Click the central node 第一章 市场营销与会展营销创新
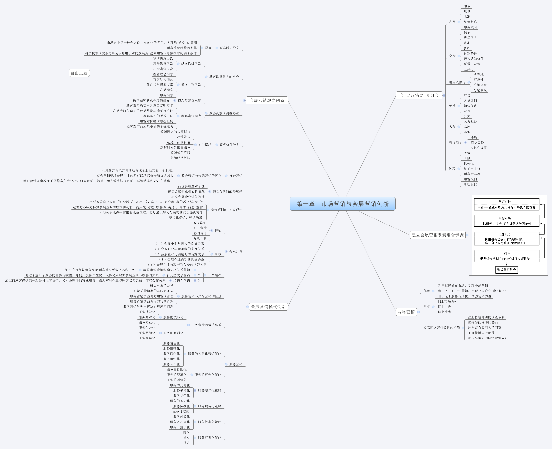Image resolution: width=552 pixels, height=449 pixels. pyautogui.click(x=342, y=204)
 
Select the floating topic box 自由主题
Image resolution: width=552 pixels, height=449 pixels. pyautogui.click(x=79, y=73)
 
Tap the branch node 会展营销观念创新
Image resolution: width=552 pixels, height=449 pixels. pyautogui.click(x=267, y=100)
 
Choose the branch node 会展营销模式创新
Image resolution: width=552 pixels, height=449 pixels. pyautogui.click(x=268, y=307)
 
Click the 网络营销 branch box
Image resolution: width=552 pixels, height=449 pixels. pyautogui.click(x=406, y=312)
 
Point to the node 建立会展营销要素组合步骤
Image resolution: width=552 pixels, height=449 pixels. pyautogui.click(x=438, y=235)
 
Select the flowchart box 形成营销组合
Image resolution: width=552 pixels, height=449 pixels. pyautogui.click(x=506, y=270)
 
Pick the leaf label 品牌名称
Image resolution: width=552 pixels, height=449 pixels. pyautogui.click(x=470, y=22)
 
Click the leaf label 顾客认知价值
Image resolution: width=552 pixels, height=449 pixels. pyautogui.click(x=473, y=59)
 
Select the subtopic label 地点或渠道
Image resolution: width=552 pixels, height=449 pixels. pyautogui.click(x=457, y=82)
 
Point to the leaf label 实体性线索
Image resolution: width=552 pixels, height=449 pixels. pyautogui.click(x=478, y=148)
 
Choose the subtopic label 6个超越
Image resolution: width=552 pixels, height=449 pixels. pyautogui.click(x=205, y=145)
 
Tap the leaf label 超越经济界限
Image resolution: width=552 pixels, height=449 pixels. pyautogui.click(x=180, y=158)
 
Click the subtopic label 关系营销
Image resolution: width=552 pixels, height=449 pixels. pyautogui.click(x=236, y=251)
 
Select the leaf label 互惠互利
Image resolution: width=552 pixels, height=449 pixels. pyautogui.click(x=200, y=239)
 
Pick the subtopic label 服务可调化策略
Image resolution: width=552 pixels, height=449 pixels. pyautogui.click(x=209, y=438)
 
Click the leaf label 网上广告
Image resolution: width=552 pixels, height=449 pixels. pyautogui.click(x=444, y=307)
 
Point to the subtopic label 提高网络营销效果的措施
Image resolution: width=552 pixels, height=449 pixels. pyautogui.click(x=441, y=328)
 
